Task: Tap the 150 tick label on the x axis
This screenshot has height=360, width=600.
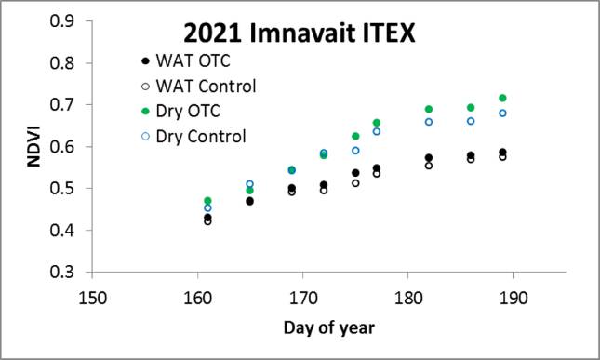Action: pyautogui.click(x=90, y=298)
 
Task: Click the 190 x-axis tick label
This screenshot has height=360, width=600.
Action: pyautogui.click(x=513, y=298)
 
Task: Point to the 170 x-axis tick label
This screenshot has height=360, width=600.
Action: pyautogui.click(x=302, y=298)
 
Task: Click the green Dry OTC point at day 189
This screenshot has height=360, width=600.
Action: pyautogui.click(x=503, y=98)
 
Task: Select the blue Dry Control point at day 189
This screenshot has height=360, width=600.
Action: pyautogui.click(x=503, y=113)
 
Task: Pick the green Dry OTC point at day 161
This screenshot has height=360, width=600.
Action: pyautogui.click(x=207, y=201)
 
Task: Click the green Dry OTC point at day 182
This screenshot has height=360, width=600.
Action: pyautogui.click(x=429, y=109)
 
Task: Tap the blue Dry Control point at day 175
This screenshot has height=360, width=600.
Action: pyautogui.click(x=355, y=150)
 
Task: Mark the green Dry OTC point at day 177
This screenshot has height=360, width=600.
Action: pyautogui.click(x=377, y=123)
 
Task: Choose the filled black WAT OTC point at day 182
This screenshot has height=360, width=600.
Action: pyautogui.click(x=429, y=157)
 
